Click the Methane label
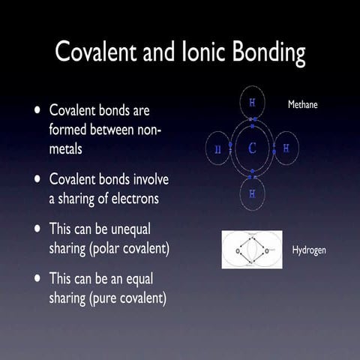pyautogui.click(x=303, y=105)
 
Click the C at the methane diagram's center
pyautogui.click(x=252, y=148)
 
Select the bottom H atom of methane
pyautogui.click(x=252, y=194)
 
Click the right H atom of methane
pyautogui.click(x=286, y=148)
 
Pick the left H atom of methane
pyautogui.click(x=218, y=148)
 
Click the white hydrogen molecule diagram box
pyautogui.click(x=252, y=248)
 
